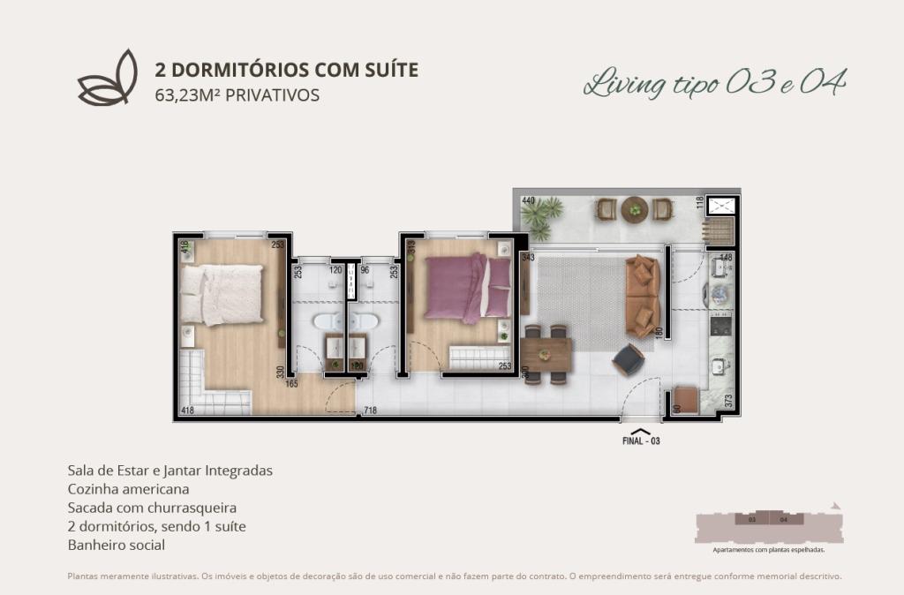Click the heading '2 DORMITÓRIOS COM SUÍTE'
[x=286, y=70]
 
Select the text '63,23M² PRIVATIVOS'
[x=237, y=94]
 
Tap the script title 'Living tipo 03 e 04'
[x=715, y=84]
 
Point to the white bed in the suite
[x=222, y=294]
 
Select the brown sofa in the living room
[x=642, y=296]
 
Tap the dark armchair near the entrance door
[x=629, y=358]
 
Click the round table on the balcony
[x=634, y=210]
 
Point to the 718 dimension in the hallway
[x=371, y=411]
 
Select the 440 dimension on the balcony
[x=529, y=201]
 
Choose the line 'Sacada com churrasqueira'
[x=152, y=508]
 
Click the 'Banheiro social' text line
[x=117, y=545]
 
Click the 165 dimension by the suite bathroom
[x=291, y=384]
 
